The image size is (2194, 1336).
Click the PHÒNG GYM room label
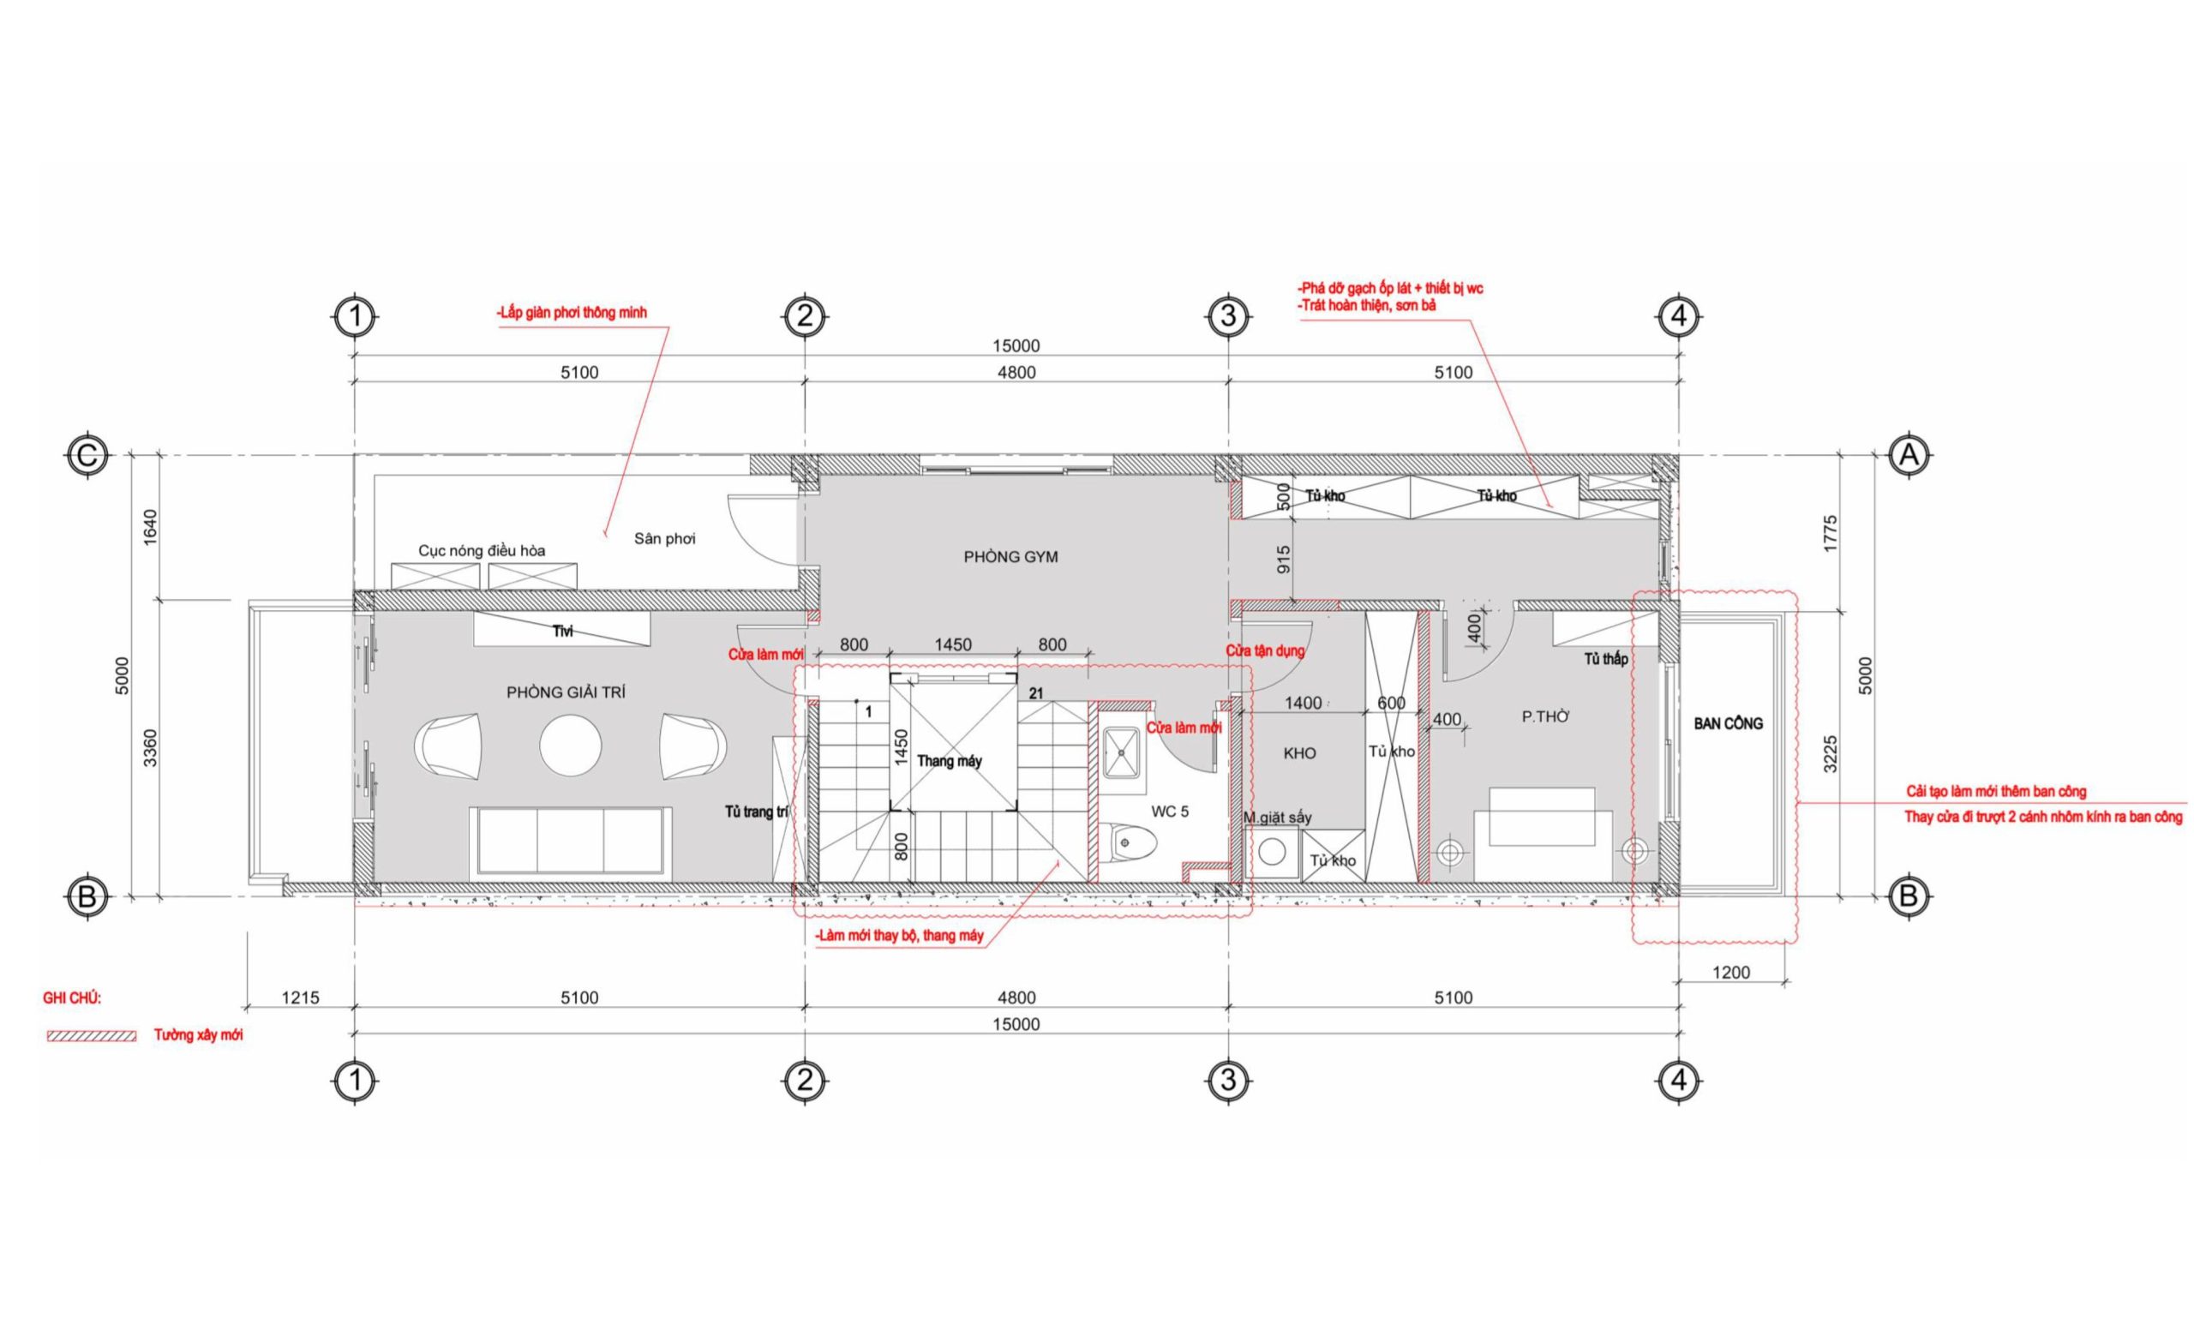tap(1010, 557)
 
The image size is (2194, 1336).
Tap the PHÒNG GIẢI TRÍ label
tap(566, 692)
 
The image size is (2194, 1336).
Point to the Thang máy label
tap(950, 761)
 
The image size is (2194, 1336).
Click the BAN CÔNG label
tap(1729, 723)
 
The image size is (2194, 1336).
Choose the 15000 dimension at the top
tap(1016, 345)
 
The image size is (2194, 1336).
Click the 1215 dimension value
tap(300, 998)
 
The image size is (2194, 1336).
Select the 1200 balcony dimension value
tap(1731, 973)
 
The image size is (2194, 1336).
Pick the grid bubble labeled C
tap(87, 456)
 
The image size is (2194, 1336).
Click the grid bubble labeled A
tap(1908, 456)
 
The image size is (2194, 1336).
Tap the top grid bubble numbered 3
tap(1229, 316)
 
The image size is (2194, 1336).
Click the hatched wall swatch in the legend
tap(92, 1036)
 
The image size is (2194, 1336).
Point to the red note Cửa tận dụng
tap(1265, 650)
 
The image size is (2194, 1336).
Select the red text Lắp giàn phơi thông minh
tap(572, 314)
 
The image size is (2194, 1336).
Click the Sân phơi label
tap(665, 538)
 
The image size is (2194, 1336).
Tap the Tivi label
tap(563, 631)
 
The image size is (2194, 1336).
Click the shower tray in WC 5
tap(1122, 753)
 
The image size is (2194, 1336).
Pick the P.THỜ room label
tap(1546, 716)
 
